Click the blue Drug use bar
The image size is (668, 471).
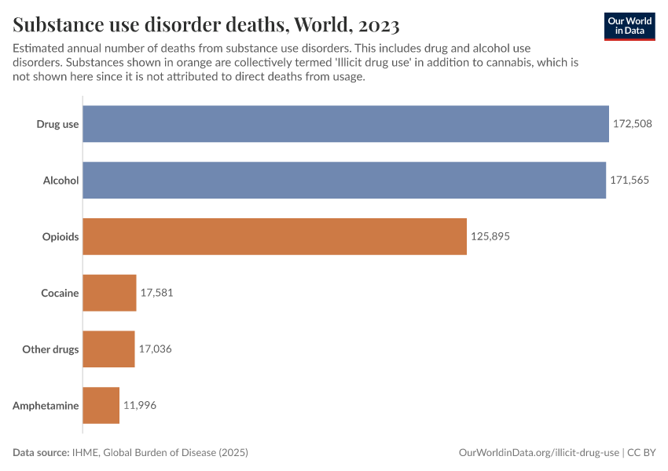point(346,123)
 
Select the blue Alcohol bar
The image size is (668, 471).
point(344,180)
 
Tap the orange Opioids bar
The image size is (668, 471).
point(274,236)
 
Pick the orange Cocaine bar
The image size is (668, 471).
point(109,293)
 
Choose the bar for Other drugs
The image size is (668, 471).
point(108,349)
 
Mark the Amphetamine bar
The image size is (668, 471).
point(101,405)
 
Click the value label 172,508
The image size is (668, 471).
point(633,123)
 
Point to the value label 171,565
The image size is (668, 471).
point(629,180)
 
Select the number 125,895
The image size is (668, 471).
point(490,236)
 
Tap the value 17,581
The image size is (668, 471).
point(156,293)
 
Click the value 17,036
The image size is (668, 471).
point(155,349)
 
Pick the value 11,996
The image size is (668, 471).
point(139,406)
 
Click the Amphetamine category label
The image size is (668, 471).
point(46,406)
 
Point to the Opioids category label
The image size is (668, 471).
point(61,236)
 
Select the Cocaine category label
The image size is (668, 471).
point(60,293)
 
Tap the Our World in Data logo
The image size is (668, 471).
point(629,26)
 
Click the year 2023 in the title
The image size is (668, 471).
point(375,25)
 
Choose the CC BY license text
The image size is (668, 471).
point(641,453)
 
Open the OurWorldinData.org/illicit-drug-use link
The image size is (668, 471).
point(538,453)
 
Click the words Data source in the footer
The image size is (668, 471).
point(41,453)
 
